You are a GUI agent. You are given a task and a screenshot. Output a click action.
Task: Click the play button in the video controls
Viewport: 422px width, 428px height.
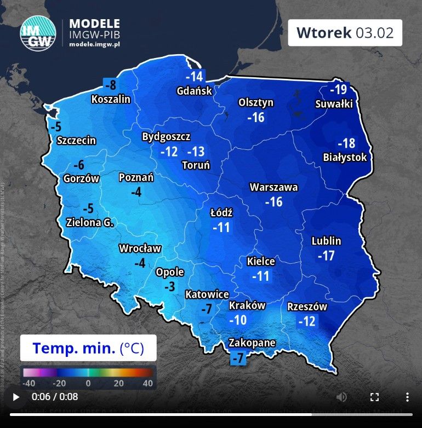tap(16, 397)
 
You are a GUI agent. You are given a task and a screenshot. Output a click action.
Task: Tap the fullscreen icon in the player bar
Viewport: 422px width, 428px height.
tap(375, 397)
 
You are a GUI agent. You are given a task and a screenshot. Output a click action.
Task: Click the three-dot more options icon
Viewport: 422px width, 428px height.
tap(407, 397)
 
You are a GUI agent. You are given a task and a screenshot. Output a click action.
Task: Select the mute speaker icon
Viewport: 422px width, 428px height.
tap(341, 397)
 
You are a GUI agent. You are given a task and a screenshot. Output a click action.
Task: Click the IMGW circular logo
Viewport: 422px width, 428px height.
tap(38, 33)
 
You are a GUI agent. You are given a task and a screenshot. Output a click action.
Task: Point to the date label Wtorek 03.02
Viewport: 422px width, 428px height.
tap(345, 32)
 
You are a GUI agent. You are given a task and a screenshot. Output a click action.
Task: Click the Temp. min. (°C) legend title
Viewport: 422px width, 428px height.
tap(88, 348)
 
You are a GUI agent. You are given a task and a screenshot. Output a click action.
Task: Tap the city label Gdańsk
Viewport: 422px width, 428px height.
tap(194, 91)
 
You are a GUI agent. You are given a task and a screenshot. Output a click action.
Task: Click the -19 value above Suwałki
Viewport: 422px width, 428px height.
tap(338, 89)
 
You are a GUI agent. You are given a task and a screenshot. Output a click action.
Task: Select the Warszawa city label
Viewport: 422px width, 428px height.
tap(274, 187)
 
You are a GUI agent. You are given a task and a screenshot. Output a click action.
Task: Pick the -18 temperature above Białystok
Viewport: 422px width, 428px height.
tap(346, 143)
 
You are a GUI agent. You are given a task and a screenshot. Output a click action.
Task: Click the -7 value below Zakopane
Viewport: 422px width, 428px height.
tap(238, 358)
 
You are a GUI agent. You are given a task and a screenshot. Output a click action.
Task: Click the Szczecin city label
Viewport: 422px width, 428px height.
tap(76, 141)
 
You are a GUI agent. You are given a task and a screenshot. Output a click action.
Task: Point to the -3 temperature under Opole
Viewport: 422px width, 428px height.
tap(170, 286)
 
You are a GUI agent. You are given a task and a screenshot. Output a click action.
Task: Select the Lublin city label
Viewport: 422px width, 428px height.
tap(326, 241)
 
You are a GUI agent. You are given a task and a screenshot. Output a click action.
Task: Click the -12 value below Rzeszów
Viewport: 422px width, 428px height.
tap(307, 321)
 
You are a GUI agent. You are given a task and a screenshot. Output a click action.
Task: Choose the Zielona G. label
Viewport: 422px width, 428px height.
tap(89, 223)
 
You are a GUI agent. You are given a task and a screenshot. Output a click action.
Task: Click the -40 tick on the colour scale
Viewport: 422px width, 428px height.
tap(30, 384)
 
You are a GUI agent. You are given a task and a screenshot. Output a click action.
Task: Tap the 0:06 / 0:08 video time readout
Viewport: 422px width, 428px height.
tap(55, 397)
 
